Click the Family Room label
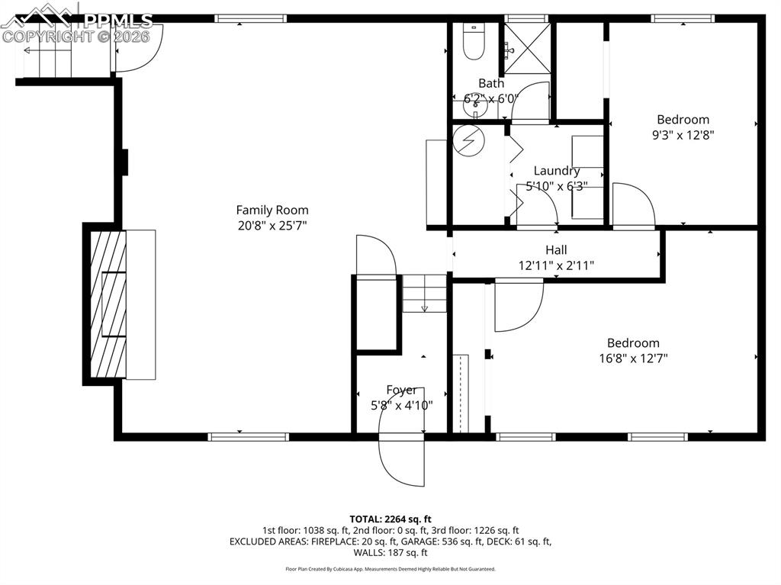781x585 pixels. [x=272, y=210]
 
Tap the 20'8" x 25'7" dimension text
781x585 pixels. [x=272, y=225]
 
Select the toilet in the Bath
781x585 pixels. [x=474, y=44]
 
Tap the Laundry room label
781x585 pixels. [x=556, y=171]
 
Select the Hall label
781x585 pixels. [x=556, y=249]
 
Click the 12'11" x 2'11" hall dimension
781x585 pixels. [x=556, y=265]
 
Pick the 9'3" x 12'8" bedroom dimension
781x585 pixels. [x=683, y=135]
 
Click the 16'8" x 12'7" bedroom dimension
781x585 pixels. [x=633, y=358]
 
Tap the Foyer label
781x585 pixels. [x=401, y=390]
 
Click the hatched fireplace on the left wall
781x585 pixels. [x=106, y=304]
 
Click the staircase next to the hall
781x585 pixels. [x=424, y=294]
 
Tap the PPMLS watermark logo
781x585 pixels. [x=76, y=23]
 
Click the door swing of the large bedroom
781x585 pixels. [x=518, y=305]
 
